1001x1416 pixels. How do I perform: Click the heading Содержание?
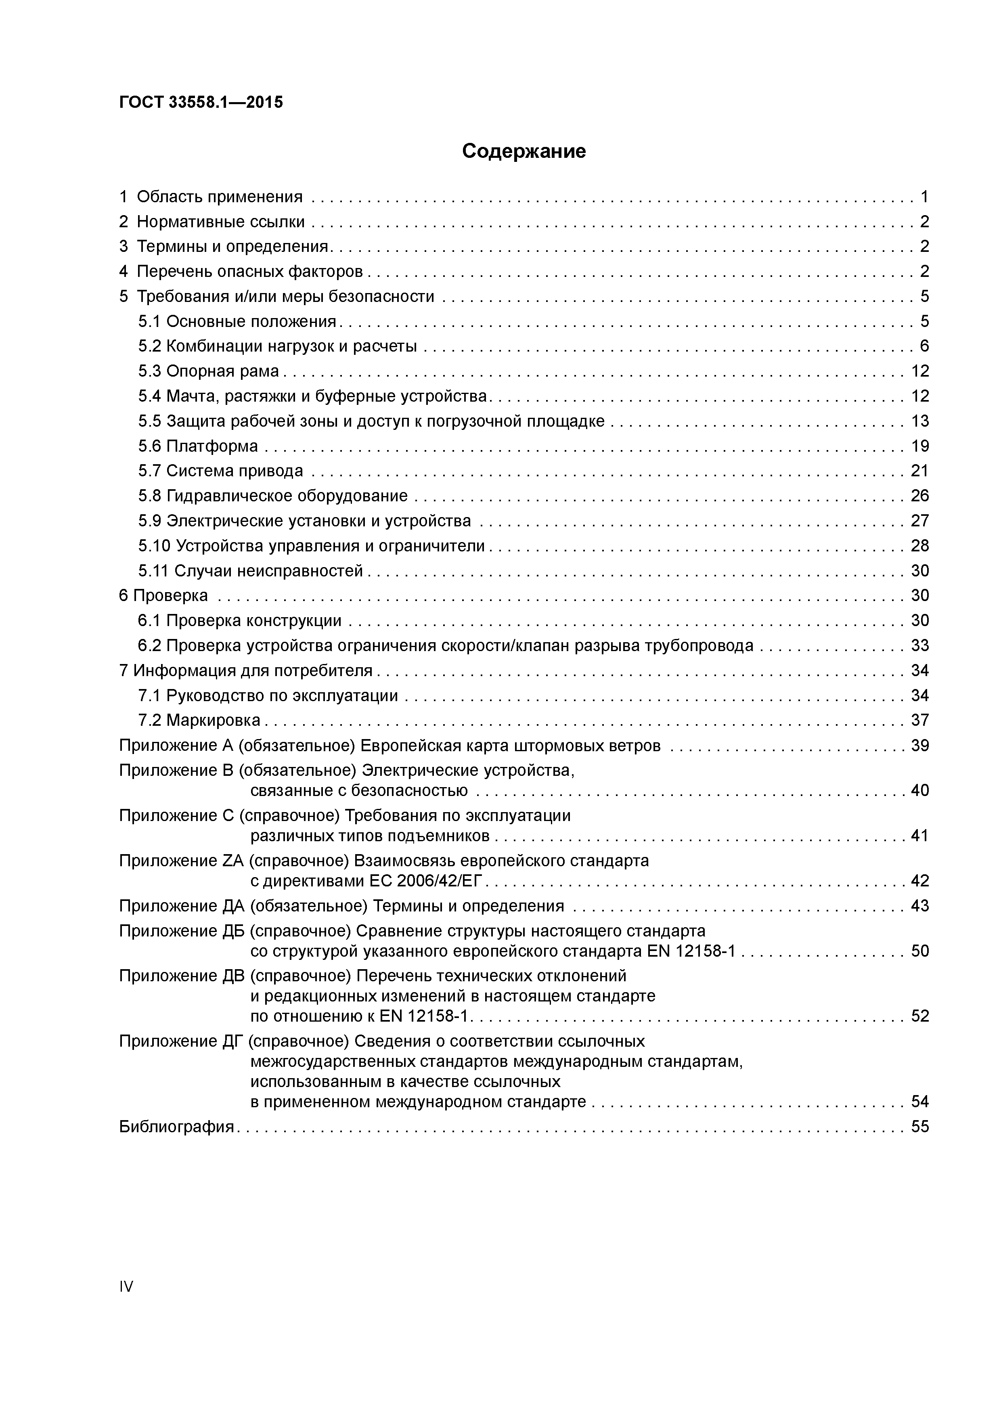click(524, 151)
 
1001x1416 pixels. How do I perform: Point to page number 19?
click(919, 446)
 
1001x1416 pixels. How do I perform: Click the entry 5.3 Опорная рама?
click(208, 371)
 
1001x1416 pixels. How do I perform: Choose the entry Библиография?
click(176, 1127)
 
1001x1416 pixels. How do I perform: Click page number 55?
click(919, 1127)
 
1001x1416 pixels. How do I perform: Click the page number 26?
click(919, 496)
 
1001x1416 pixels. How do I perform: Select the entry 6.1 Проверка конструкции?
click(239, 620)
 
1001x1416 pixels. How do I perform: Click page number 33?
click(919, 646)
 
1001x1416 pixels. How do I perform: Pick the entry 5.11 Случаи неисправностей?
click(250, 570)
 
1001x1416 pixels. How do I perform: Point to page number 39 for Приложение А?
click(919, 746)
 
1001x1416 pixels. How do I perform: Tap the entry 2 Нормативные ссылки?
click(212, 222)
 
